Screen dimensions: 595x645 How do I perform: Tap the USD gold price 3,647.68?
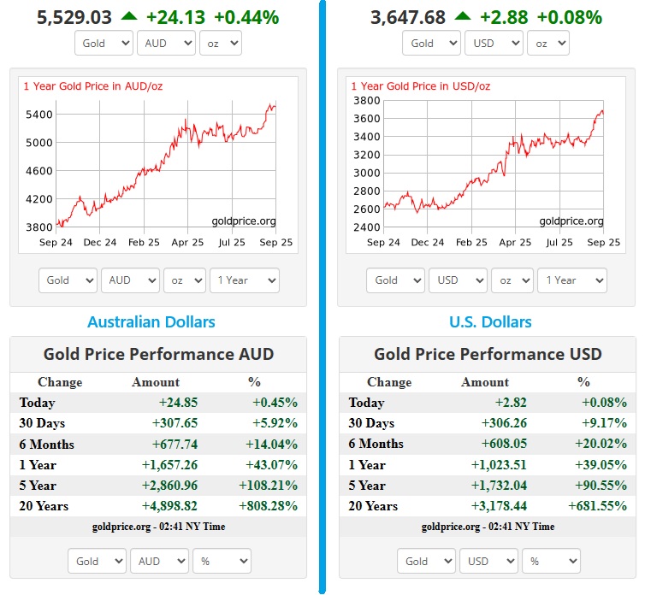(408, 17)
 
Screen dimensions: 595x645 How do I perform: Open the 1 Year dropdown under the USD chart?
(574, 280)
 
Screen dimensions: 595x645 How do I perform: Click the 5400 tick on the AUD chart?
(40, 115)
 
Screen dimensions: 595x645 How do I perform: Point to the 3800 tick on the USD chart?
(367, 100)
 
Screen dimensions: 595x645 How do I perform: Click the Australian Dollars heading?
(151, 322)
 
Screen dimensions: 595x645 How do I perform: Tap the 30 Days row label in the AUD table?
(42, 423)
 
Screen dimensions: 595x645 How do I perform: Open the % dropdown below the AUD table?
(222, 561)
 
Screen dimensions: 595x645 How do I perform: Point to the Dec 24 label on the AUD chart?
(100, 243)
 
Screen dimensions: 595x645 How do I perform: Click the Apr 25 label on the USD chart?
(515, 243)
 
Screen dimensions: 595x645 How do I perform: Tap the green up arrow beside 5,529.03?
(128, 16)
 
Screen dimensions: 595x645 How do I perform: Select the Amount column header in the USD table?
(485, 382)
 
